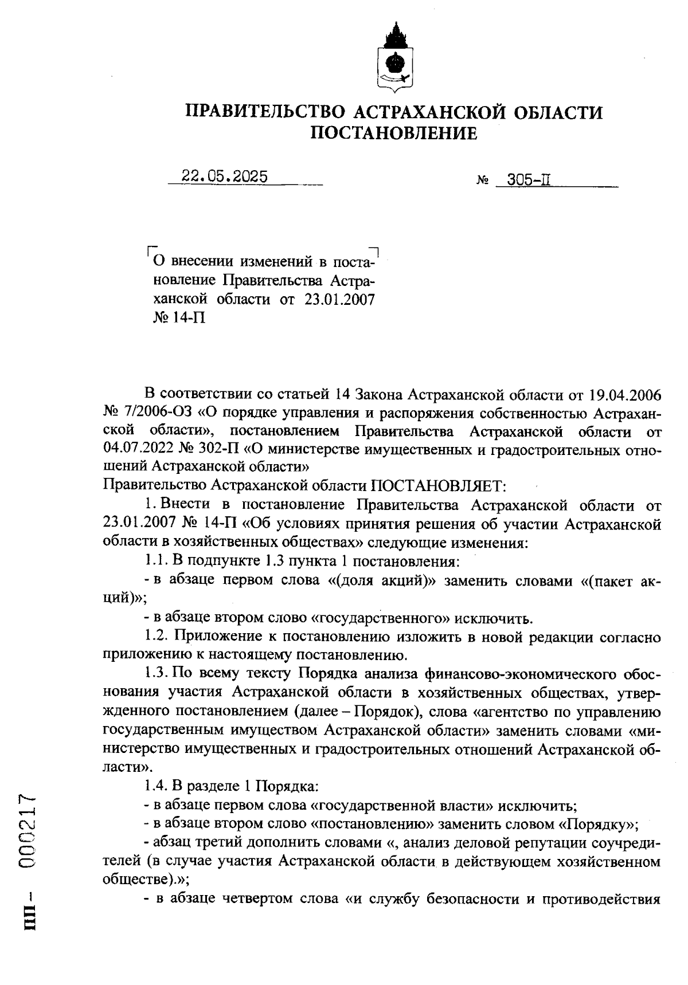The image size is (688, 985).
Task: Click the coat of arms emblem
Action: click(394, 57)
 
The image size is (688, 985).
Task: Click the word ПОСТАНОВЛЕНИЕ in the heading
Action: click(393, 134)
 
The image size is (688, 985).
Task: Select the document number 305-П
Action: click(521, 182)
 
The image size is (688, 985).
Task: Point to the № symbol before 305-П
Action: click(482, 183)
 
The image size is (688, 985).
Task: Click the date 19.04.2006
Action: click(626, 395)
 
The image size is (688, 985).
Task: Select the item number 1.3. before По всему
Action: click(157, 673)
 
